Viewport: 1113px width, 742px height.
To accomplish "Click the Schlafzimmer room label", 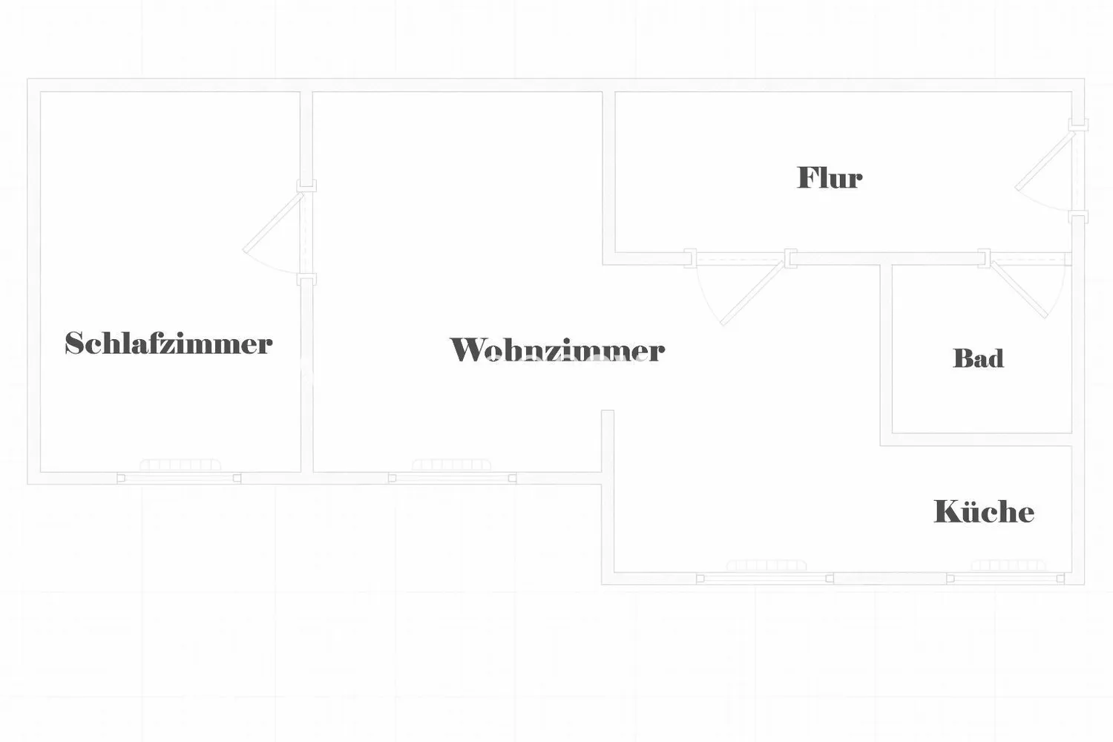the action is [x=168, y=343].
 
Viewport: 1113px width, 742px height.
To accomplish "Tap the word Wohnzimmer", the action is [x=557, y=349].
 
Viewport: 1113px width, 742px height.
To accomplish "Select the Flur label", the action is [x=830, y=177].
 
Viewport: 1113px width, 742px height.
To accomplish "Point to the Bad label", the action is [x=978, y=358].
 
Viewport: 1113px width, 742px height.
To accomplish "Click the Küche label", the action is [x=984, y=510].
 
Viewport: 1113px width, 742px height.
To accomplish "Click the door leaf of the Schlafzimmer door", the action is [x=273, y=223].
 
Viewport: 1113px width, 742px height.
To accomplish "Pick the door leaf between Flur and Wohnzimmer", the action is [x=753, y=293].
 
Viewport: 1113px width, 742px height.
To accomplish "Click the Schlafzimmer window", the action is [x=179, y=478].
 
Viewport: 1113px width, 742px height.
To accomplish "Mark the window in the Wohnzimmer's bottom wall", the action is [x=452, y=478].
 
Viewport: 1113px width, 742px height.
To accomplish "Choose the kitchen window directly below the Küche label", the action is [x=1005, y=579].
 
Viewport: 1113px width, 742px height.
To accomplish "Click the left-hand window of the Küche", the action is [x=765, y=579].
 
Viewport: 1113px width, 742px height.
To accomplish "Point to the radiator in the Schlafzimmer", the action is [x=180, y=465].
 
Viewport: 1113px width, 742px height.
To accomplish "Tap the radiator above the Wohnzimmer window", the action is [x=452, y=465].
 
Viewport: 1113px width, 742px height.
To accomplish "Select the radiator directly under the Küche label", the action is [x=1008, y=565].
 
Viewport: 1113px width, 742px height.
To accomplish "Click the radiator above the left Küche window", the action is [x=766, y=565].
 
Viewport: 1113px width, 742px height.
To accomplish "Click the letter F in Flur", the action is [x=807, y=177].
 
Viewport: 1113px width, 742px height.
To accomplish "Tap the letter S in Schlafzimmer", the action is [x=73, y=343].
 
